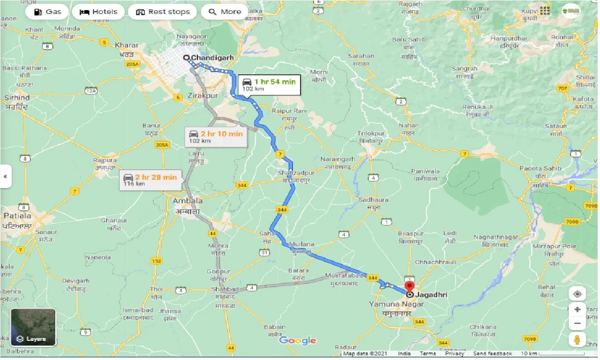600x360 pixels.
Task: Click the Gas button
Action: (x=47, y=12)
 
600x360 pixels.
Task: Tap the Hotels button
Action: (x=98, y=12)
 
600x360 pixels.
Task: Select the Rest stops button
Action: (x=163, y=12)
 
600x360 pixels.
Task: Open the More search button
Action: (x=225, y=12)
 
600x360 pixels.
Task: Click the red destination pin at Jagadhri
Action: (x=410, y=287)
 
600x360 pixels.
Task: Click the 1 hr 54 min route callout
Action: (x=269, y=85)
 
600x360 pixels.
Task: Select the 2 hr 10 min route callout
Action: (x=216, y=137)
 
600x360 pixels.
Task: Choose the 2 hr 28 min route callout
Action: (x=150, y=180)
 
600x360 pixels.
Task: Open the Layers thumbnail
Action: (x=33, y=328)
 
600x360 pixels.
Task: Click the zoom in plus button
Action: (x=577, y=310)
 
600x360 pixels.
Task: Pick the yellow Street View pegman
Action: (x=577, y=339)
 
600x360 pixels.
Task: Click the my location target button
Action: (x=577, y=294)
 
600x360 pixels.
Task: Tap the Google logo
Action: (x=297, y=340)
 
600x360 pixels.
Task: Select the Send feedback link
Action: (x=492, y=354)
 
